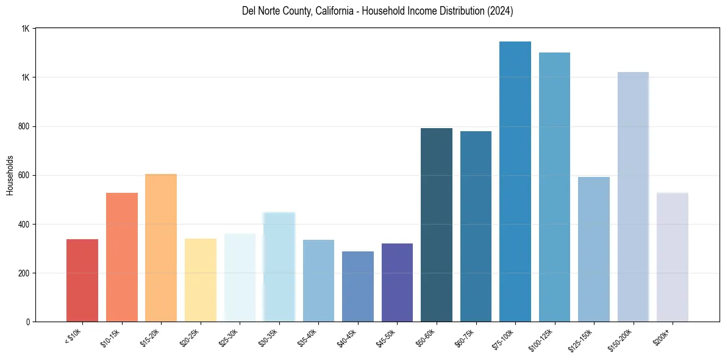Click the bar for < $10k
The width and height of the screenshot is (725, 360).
pos(82,280)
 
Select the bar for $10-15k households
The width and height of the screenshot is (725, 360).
pos(122,257)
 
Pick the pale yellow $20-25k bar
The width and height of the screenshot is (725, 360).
pos(201,280)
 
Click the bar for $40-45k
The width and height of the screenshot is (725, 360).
pos(358,286)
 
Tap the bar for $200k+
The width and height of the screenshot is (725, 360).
pos(673,257)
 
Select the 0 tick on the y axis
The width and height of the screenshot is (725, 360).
pos(27,322)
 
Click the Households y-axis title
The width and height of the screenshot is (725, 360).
pos(10,175)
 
